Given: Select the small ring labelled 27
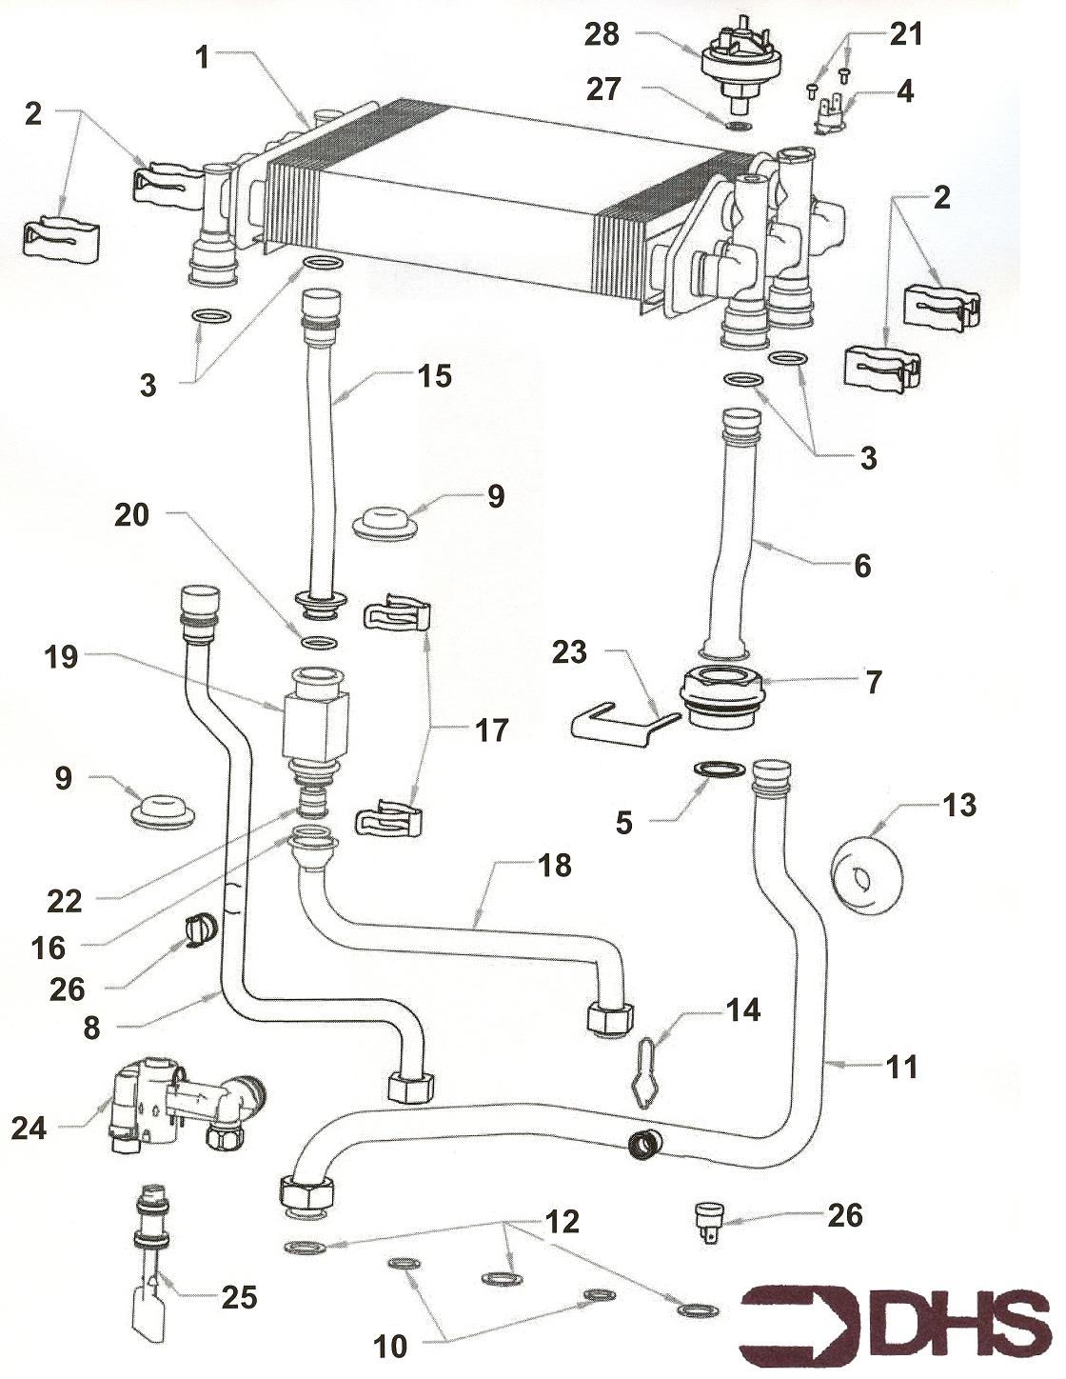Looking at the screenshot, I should pyautogui.click(x=738, y=126).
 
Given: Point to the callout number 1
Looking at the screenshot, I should pyautogui.click(x=202, y=57).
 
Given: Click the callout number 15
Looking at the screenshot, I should pyautogui.click(x=434, y=376).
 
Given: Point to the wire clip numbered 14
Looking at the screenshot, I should pyautogui.click(x=645, y=1073).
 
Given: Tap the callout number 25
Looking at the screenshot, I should pyautogui.click(x=239, y=1296).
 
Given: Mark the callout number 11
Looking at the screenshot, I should pyautogui.click(x=902, y=1068).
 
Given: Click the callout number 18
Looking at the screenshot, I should pyautogui.click(x=554, y=866).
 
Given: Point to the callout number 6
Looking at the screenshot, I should pyautogui.click(x=862, y=566).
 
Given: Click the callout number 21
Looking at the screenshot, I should pyautogui.click(x=906, y=35).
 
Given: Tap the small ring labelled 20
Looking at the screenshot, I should pyautogui.click(x=317, y=643).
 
